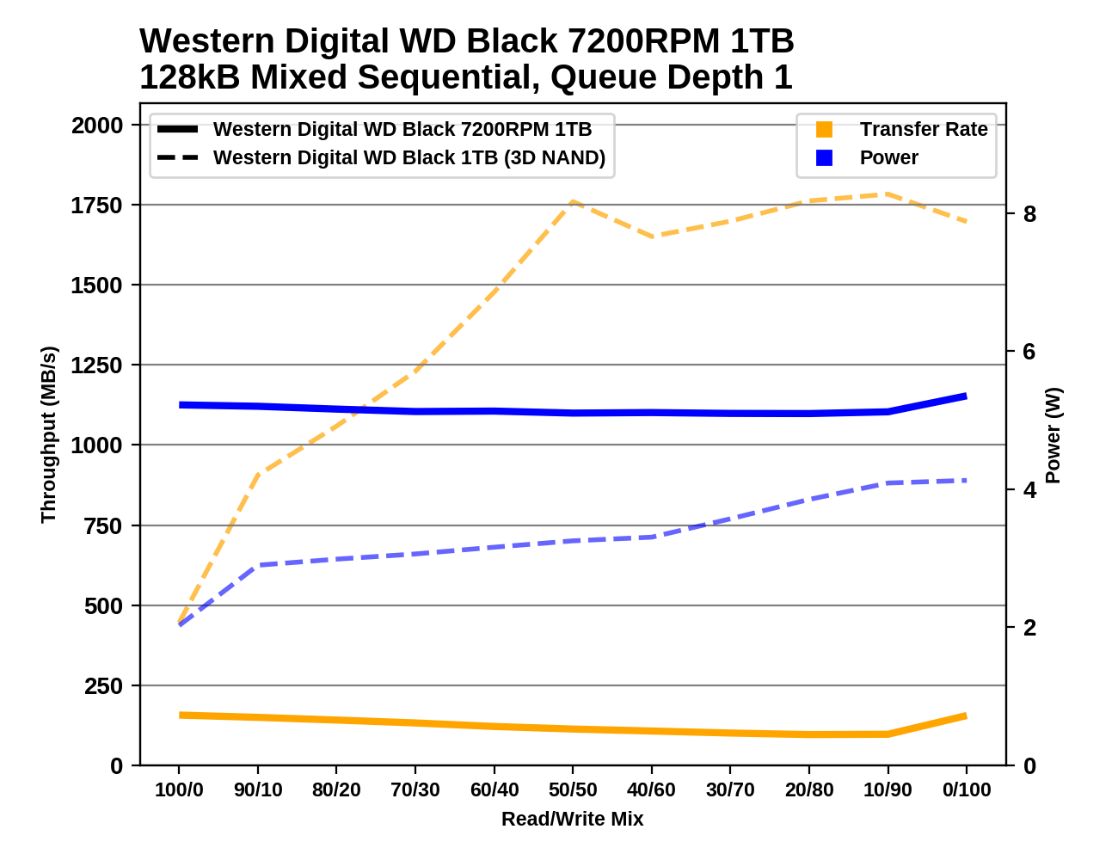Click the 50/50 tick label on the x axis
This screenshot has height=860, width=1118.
coord(573,789)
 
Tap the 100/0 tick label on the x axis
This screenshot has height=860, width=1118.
coord(179,789)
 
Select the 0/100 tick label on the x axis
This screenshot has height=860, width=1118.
coord(967,789)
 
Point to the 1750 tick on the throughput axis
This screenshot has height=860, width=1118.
coord(96,206)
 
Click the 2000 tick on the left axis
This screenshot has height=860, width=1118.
coord(96,126)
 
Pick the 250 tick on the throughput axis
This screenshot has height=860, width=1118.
coord(103,686)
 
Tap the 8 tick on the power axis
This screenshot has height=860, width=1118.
coord(1029,214)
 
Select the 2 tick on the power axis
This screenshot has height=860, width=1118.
coord(1029,628)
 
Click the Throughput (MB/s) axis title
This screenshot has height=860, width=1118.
coord(48,434)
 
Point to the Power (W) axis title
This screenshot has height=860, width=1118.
coord(1053,435)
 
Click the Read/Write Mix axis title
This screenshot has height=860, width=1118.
coord(573,819)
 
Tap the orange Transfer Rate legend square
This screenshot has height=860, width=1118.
coord(824,130)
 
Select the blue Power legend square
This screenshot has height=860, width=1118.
coord(824,158)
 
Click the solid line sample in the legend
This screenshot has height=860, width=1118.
coord(178,130)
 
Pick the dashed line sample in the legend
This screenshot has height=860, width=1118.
coord(178,158)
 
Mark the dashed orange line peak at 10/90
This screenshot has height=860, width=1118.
coord(888,194)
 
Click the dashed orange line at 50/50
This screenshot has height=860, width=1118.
coord(573,202)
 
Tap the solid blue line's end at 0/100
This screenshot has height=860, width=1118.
coord(966,396)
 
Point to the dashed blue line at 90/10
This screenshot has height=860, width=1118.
coord(258,565)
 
